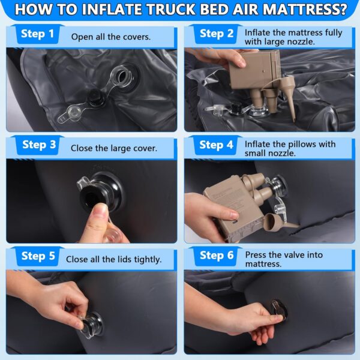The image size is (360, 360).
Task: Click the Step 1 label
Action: tap(37, 34)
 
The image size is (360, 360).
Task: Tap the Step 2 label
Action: tap(217, 34)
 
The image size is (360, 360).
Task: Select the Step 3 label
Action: tap(39, 145)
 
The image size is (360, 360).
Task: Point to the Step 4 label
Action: tap(216, 145)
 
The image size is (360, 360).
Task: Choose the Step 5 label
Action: tap(38, 256)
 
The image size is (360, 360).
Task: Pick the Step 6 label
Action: tap(217, 256)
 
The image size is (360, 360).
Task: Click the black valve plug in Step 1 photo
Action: tap(96, 97)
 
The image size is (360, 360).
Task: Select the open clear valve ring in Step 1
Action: tap(122, 76)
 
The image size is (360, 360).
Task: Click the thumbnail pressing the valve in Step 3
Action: tap(101, 209)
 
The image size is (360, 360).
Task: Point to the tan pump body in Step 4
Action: tap(232, 206)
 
